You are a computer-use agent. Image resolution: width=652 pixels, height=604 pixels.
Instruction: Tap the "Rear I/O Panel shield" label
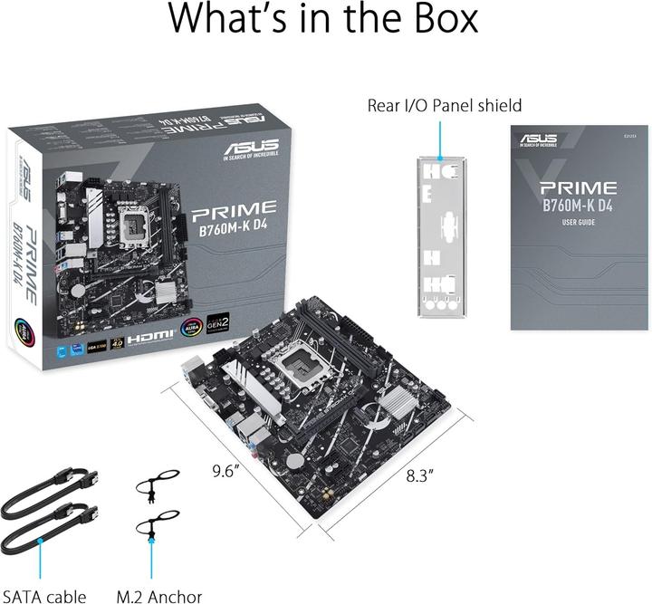tap(444, 105)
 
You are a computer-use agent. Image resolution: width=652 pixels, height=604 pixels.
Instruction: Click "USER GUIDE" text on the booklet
tap(578, 223)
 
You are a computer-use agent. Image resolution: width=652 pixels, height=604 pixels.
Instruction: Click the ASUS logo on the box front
tap(252, 146)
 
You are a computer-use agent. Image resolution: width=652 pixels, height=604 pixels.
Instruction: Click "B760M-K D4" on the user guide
tap(578, 206)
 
